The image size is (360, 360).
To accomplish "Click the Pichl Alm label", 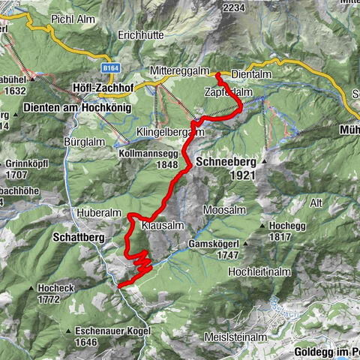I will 70,18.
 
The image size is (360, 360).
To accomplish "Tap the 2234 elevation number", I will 234,7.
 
